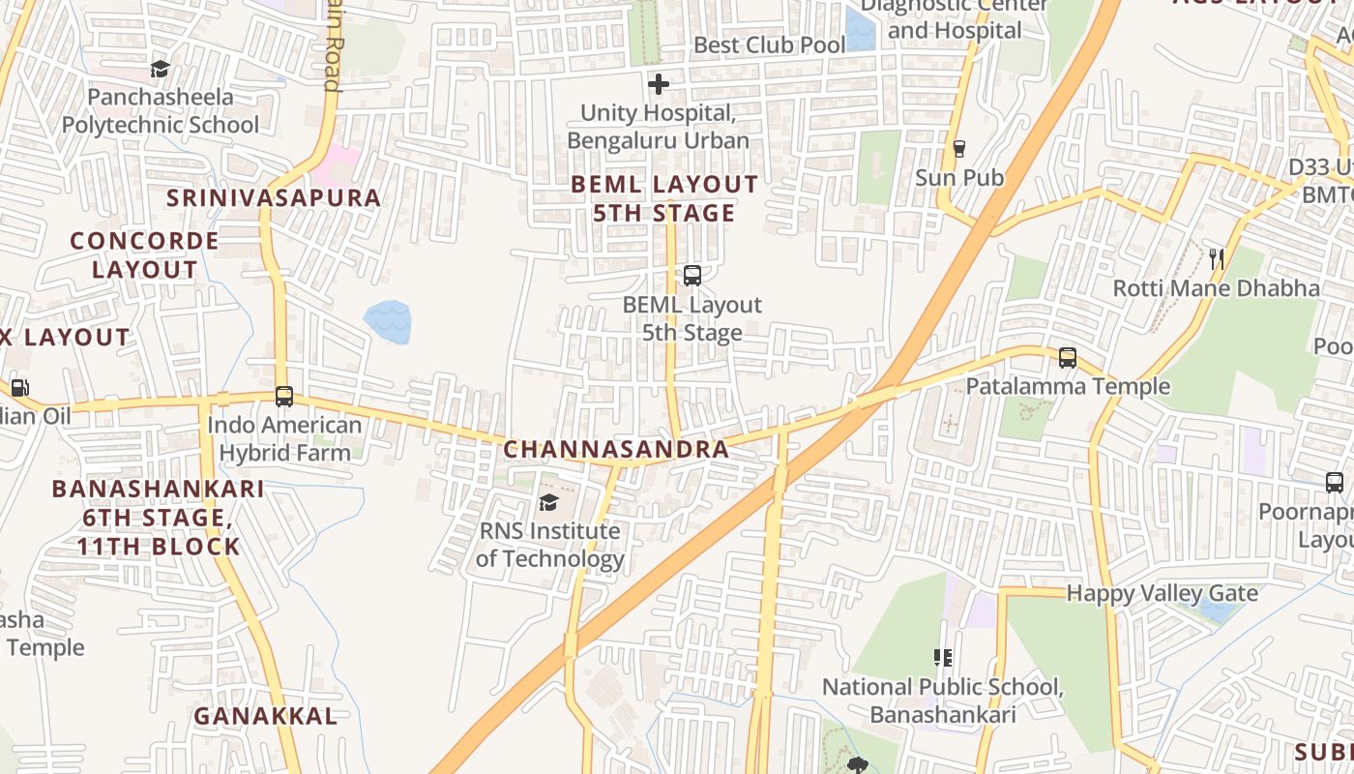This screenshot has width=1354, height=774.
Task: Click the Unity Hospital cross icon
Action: [659, 85]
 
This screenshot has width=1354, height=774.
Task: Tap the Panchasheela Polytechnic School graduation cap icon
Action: [160, 70]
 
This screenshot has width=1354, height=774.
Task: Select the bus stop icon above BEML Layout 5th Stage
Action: [692, 275]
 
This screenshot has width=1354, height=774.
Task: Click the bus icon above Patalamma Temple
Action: [1067, 358]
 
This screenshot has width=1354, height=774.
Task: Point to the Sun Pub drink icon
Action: [958, 149]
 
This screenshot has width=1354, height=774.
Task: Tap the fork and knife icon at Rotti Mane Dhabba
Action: [1217, 258]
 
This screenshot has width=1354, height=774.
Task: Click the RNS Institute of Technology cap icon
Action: [548, 502]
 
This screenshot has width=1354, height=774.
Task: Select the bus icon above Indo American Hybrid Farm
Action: [283, 397]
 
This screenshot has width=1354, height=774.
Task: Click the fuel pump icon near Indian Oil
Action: [19, 388]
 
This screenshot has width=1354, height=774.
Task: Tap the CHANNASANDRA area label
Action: [616, 449]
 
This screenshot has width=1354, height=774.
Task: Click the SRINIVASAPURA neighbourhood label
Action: [274, 198]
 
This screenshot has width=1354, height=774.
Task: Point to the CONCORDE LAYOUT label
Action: [144, 254]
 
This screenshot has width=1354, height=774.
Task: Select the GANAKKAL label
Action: [266, 716]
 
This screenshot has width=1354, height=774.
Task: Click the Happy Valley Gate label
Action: [1162, 593]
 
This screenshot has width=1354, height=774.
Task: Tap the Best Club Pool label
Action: [769, 45]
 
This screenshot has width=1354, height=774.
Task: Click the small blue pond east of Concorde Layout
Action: [388, 321]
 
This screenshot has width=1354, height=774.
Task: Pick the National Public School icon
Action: [943, 659]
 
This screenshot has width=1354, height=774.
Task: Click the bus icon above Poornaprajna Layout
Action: [1334, 482]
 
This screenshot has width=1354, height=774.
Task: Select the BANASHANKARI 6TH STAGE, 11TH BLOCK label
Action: [158, 517]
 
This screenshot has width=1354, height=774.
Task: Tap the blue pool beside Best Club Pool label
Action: [860, 29]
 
